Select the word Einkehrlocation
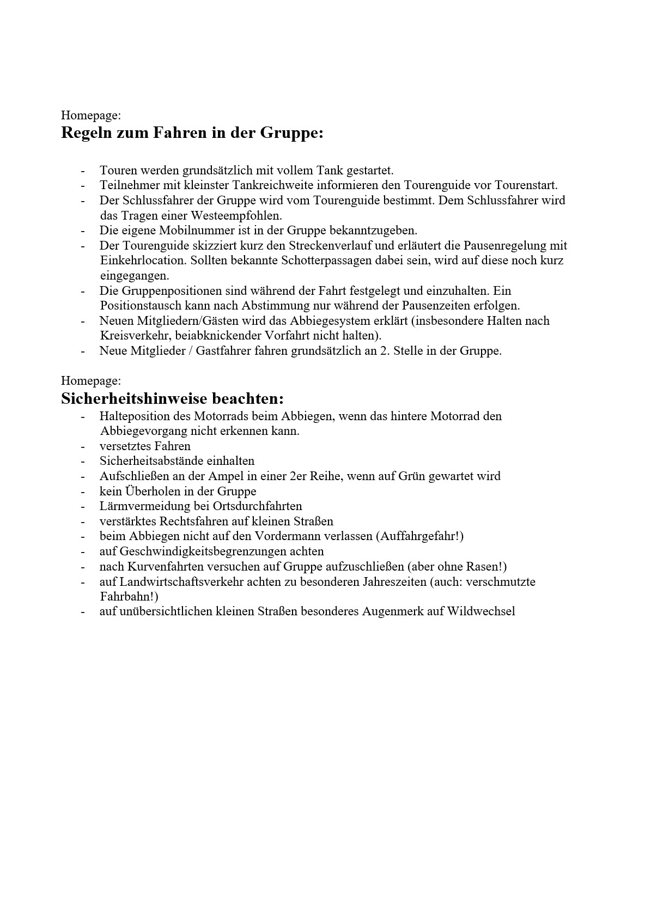[143, 260]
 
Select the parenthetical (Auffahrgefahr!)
[419, 536]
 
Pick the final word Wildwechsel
[481, 611]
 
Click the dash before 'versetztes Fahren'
[83, 446]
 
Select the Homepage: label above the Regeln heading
[91, 115]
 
